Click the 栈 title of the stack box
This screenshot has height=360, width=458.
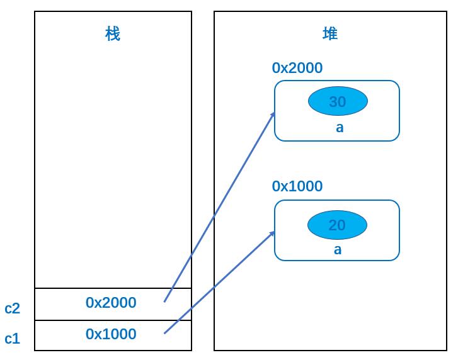(x=113, y=34)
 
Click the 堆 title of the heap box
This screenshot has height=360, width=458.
(x=330, y=33)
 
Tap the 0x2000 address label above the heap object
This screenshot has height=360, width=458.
(x=297, y=68)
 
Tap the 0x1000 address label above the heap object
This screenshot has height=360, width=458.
(x=297, y=186)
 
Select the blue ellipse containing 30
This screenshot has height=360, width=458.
(x=338, y=101)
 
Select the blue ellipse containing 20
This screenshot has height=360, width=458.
(x=338, y=225)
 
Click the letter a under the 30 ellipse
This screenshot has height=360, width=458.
(x=340, y=128)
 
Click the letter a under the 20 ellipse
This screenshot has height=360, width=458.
(x=338, y=250)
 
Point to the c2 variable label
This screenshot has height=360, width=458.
(x=12, y=308)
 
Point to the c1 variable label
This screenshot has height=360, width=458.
(x=12, y=339)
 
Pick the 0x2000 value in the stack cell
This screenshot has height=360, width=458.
(x=111, y=303)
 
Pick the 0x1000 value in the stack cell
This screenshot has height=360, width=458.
(x=111, y=334)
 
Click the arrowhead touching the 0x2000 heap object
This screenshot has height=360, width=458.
(x=273, y=115)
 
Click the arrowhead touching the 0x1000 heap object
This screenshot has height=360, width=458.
(x=273, y=233)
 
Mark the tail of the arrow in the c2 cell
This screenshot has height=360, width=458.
(x=164, y=302)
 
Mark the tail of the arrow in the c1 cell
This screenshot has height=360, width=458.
(x=164, y=333)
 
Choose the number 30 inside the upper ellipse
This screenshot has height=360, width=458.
(x=338, y=101)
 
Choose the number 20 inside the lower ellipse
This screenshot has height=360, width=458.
(x=337, y=225)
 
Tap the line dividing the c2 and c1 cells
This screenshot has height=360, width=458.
(x=113, y=320)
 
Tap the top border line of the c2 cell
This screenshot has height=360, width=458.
(x=113, y=288)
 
